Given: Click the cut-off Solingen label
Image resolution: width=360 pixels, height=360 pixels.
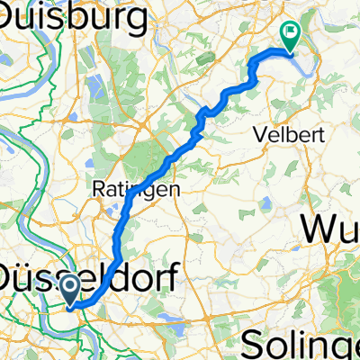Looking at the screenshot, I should pyautogui.click(x=306, y=342).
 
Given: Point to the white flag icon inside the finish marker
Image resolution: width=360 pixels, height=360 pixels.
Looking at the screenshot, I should pyautogui.click(x=291, y=31).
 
